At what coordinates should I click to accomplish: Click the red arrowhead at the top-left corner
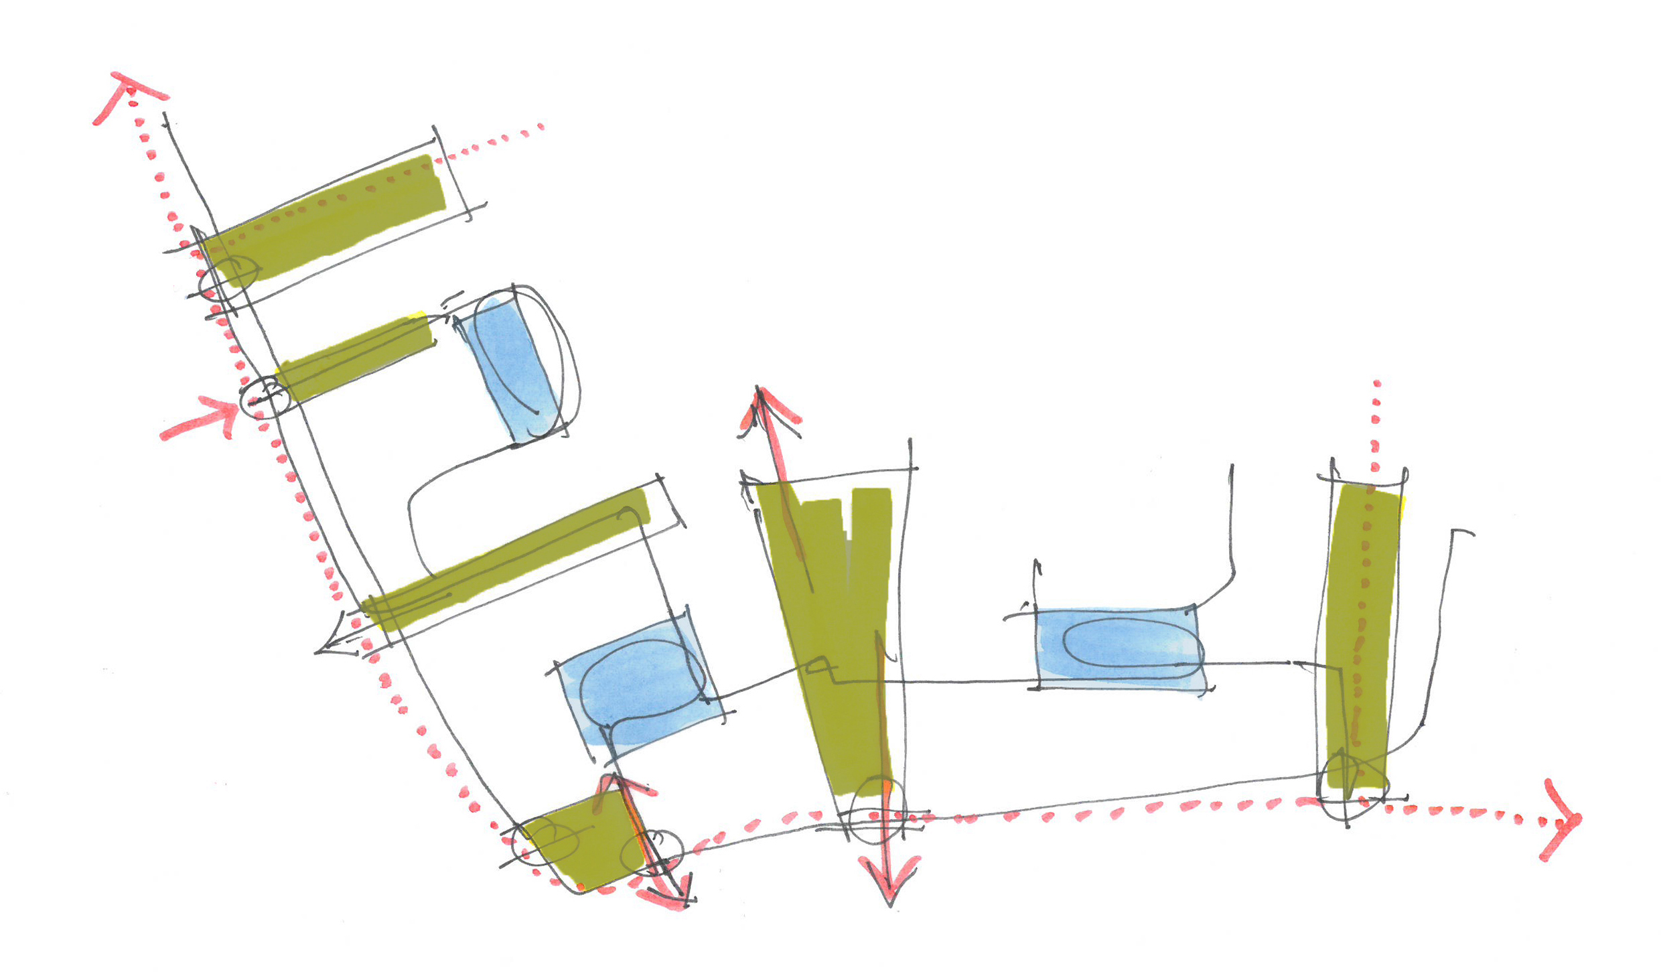click(x=127, y=90)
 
